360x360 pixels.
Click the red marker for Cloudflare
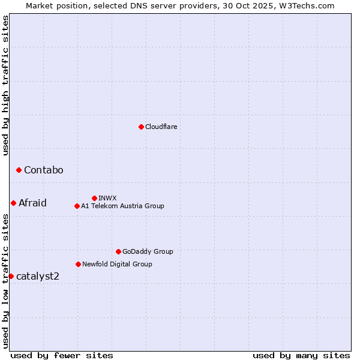tap(141, 127)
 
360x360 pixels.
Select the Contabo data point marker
tap(19, 170)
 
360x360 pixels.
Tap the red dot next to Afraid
tap(13, 203)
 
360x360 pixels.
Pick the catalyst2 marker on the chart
tap(11, 276)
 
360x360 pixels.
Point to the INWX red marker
tap(94, 198)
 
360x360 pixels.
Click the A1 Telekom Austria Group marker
tap(77, 206)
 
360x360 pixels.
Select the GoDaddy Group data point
tap(118, 252)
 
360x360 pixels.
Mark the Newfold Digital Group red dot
tap(78, 264)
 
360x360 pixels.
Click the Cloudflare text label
tap(161, 127)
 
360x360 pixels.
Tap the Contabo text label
tap(43, 170)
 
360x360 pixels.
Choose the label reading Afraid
tap(32, 203)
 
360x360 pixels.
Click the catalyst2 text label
tap(38, 276)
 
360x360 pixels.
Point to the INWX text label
tap(107, 198)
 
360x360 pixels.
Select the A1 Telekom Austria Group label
tap(122, 206)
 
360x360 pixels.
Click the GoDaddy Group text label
tap(148, 252)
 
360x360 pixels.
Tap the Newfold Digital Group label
tap(117, 264)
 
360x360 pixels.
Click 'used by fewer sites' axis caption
tap(62, 355)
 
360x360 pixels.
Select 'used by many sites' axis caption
tap(301, 355)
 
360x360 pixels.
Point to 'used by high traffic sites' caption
tap(5, 85)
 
